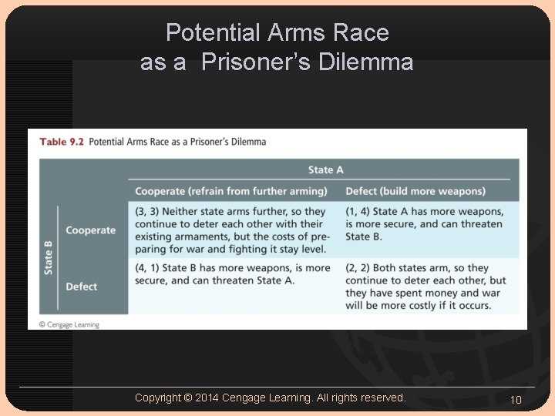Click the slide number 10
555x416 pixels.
516,399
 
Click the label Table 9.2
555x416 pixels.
62,142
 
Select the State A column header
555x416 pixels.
325,169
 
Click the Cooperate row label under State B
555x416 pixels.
90,230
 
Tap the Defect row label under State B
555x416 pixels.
82,287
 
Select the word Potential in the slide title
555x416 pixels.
213,32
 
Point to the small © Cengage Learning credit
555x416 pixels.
69,325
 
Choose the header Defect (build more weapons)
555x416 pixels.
415,191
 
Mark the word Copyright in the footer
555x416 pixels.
158,398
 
